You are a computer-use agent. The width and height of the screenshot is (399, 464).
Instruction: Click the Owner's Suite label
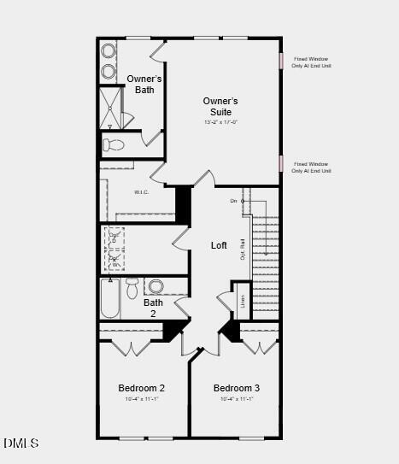coord(220,106)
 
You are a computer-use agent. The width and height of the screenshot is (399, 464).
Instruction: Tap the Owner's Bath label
coord(144,85)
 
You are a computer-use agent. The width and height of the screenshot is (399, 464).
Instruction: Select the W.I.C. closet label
coord(142,192)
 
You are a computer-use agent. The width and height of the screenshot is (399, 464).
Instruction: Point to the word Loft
coord(220,245)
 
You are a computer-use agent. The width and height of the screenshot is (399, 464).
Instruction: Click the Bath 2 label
coord(153,308)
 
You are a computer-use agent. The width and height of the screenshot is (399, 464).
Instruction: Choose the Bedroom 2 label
coord(141,388)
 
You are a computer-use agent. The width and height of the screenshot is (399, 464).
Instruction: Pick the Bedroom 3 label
coord(237,388)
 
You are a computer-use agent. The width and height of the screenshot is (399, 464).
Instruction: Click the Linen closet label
coord(243,301)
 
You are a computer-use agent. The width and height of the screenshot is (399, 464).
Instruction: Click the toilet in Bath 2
coord(132,288)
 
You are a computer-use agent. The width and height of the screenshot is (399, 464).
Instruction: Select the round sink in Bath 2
coord(155,286)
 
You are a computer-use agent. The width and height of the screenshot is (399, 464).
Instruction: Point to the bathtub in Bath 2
coord(110,299)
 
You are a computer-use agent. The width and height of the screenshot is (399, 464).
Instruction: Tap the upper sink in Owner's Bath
coord(109,50)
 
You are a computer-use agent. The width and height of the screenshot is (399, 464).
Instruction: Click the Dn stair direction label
coord(233,201)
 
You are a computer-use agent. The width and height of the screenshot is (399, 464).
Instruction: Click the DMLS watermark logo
coord(21,443)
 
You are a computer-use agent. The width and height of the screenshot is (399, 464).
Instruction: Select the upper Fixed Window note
coord(311,62)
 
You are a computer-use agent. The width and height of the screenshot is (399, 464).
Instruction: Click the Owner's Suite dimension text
coord(220,122)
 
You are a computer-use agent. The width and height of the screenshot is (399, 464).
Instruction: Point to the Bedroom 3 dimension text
coord(237,399)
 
